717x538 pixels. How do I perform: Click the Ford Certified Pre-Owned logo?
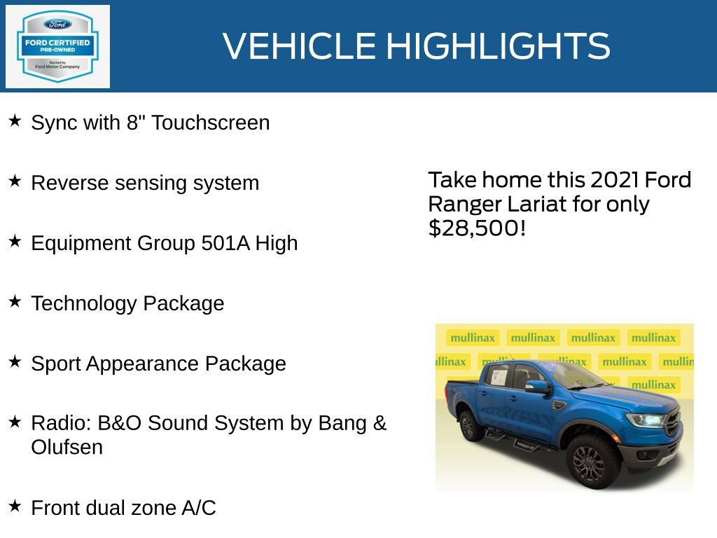click(x=57, y=46)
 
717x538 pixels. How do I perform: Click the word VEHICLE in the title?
click(x=300, y=46)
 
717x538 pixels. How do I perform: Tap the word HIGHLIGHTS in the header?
click(x=498, y=46)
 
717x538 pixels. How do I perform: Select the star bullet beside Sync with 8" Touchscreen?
click(x=15, y=121)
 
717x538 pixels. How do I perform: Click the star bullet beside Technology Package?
click(x=15, y=302)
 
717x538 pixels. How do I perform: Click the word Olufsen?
click(x=67, y=447)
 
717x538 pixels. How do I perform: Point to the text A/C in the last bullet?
click(x=200, y=508)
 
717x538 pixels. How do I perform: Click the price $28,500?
click(x=476, y=228)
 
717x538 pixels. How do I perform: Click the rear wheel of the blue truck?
click(x=471, y=425)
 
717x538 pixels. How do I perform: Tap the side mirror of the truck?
click(x=537, y=387)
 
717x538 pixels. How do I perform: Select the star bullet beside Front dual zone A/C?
click(x=15, y=505)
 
